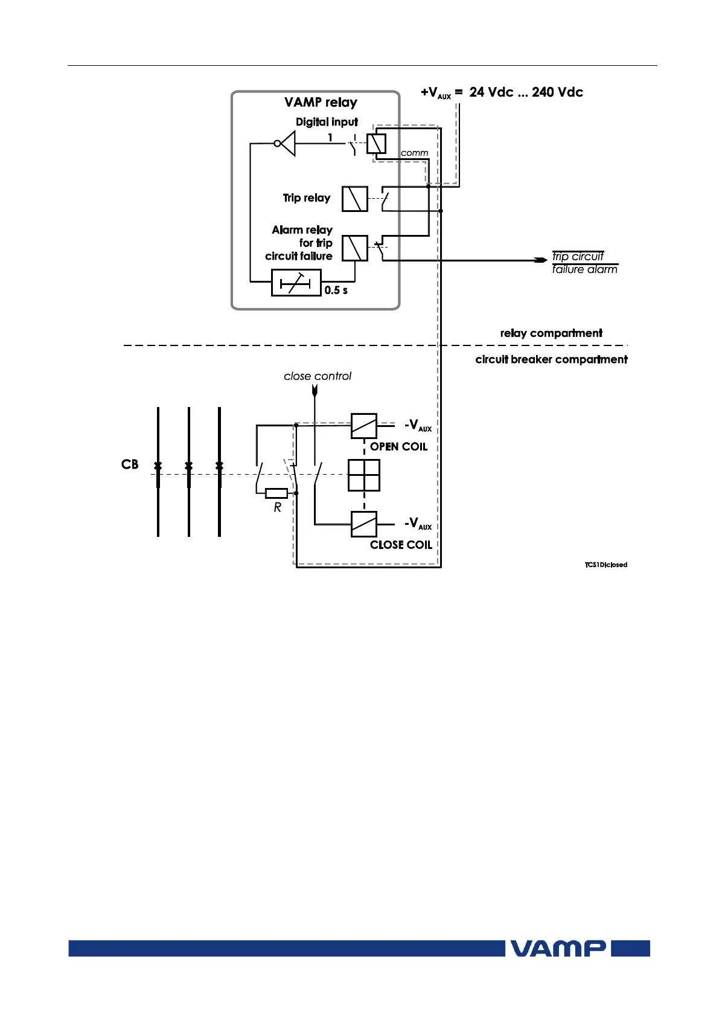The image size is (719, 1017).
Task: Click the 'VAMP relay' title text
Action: pos(321,102)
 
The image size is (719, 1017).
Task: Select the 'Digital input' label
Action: pos(327,122)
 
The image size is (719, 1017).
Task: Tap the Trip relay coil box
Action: pos(354,199)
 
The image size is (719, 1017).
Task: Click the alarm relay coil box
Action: pos(354,248)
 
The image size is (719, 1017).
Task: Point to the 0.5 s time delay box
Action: pos(296,283)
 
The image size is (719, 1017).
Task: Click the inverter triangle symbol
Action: pos(287,144)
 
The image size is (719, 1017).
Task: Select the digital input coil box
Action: pos(376,144)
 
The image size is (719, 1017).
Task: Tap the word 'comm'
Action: pos(414,153)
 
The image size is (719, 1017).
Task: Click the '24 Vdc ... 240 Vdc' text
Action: pos(526,92)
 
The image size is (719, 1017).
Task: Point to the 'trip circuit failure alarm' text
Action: pos(584,263)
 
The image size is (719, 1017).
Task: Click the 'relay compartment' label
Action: pos(551,333)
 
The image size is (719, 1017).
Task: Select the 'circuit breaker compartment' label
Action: pos(551,360)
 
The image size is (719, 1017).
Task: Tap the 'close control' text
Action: pos(317,376)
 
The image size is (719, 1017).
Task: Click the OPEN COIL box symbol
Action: pos(364,426)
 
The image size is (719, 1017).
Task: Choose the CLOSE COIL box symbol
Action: pos(364,524)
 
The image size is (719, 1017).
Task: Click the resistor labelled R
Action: pos(276,493)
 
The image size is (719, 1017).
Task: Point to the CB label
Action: pos(130,464)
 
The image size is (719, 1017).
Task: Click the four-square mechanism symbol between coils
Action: pos(364,475)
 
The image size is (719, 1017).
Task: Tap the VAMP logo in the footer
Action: pos(558,948)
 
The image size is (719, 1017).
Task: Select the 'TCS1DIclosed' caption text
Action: pos(606,565)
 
